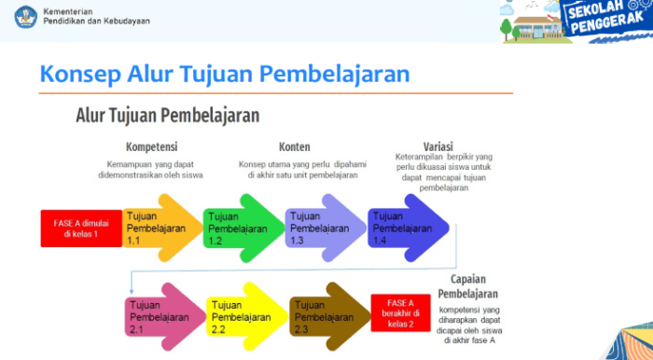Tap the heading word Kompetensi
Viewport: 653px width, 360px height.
(x=152, y=146)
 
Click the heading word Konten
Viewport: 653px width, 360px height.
(x=294, y=146)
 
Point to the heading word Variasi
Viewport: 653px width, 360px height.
(x=438, y=146)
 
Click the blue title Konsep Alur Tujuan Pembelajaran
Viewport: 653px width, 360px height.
(x=225, y=74)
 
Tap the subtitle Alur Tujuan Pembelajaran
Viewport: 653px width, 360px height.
(x=168, y=115)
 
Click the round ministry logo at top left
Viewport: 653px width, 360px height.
(x=25, y=16)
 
